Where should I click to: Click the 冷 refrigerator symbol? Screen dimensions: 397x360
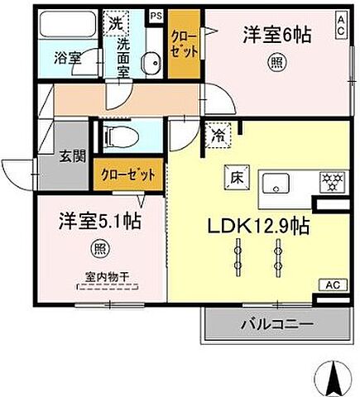click(218, 132)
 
